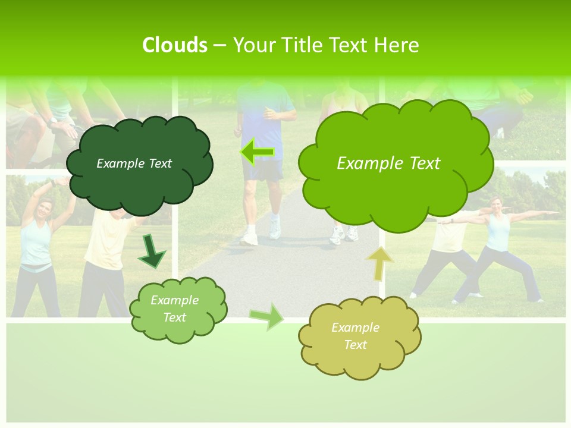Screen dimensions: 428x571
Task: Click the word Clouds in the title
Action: click(174, 45)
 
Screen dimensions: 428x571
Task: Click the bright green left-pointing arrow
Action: click(256, 153)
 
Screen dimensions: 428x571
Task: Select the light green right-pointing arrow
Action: click(267, 316)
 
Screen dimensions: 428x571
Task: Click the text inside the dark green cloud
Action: click(134, 163)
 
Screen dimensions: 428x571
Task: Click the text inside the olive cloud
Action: click(355, 336)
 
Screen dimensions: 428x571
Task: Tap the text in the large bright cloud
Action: click(388, 163)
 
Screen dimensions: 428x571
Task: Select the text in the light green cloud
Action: click(174, 309)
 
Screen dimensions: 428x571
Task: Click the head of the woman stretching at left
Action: click(44, 209)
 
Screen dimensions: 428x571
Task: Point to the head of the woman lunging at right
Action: click(495, 204)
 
